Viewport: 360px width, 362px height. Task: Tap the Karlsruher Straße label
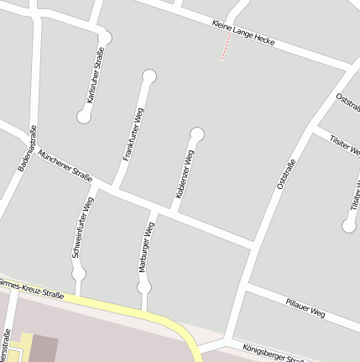95,76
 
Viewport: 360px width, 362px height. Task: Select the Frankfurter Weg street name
133,134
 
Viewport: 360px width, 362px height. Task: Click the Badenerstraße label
27,148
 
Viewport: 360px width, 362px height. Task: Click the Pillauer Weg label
305,307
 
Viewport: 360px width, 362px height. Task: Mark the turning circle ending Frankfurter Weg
149,77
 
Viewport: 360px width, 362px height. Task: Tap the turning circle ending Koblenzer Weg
198,134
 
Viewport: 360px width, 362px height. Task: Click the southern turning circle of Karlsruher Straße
84,117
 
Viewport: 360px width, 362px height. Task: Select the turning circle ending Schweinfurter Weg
79,273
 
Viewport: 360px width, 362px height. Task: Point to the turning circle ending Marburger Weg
144,287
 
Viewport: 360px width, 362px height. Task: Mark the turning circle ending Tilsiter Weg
350,224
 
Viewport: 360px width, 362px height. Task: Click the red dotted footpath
225,48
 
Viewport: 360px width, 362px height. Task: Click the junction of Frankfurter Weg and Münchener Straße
116,186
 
